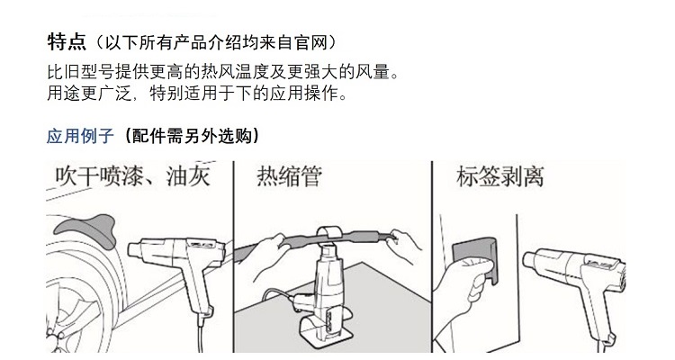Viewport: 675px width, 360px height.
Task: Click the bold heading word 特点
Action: point(67,42)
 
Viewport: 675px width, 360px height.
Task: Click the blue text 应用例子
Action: point(80,136)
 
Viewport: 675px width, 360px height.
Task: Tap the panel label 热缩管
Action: point(289,176)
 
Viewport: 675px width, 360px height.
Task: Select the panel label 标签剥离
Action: point(499,176)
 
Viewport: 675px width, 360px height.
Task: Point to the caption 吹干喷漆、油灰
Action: point(133,175)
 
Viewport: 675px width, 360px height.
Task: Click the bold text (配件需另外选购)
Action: point(191,136)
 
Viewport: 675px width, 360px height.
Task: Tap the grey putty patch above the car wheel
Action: point(86,229)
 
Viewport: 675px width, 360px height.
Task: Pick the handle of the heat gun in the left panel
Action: point(199,292)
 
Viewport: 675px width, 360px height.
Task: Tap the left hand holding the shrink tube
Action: point(268,262)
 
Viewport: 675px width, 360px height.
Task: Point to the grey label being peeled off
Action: point(476,258)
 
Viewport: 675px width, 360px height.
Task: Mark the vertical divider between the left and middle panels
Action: point(233,256)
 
